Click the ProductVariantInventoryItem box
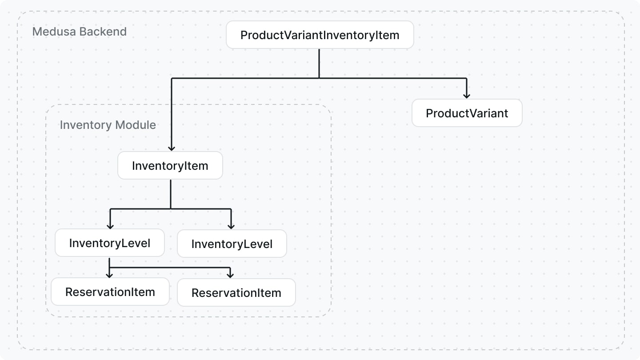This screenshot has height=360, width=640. point(320,35)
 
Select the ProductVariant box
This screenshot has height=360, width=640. point(467,113)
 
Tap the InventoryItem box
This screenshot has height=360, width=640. point(170,166)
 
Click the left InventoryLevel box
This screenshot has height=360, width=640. point(109,243)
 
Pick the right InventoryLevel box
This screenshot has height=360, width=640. point(232,244)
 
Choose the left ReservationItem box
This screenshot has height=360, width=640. point(110,292)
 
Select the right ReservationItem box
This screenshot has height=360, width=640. point(236,293)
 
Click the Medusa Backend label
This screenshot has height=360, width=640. point(79,32)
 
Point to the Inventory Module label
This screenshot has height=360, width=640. point(108,125)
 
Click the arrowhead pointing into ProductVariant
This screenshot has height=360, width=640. point(466,95)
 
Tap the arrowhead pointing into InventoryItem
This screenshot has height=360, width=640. point(172,148)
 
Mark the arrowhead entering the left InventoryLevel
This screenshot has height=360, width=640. point(109,226)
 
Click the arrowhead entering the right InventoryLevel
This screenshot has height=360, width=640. point(231,226)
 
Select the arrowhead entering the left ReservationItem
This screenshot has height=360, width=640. point(109,275)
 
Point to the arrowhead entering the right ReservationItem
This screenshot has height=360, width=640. point(230,275)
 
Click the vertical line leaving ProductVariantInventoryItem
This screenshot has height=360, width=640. point(319,63)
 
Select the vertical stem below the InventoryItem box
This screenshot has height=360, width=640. point(171,194)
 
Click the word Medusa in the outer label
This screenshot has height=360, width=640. point(54,32)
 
